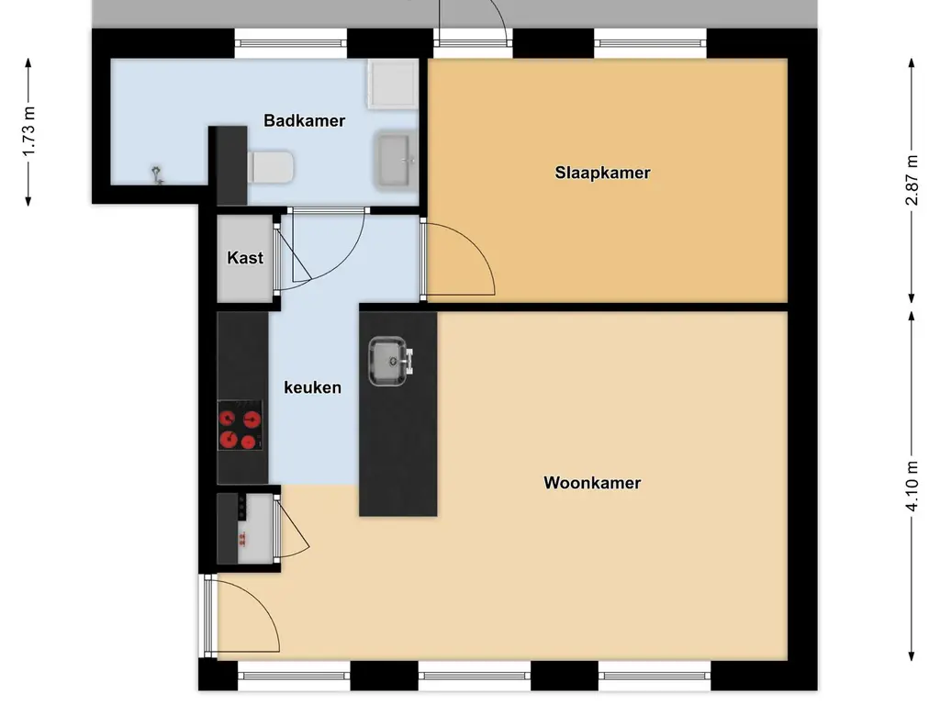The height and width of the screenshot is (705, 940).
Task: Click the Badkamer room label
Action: pyautogui.click(x=304, y=120)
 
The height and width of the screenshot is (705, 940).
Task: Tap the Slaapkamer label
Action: pyautogui.click(x=602, y=172)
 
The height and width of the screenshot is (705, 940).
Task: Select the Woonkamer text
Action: pyautogui.click(x=592, y=483)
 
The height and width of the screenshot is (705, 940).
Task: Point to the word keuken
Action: pyautogui.click(x=312, y=387)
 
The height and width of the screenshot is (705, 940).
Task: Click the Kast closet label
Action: pyautogui.click(x=245, y=258)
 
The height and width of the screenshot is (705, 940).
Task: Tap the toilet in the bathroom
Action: pyautogui.click(x=272, y=168)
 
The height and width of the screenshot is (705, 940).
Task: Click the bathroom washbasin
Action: pyautogui.click(x=396, y=159)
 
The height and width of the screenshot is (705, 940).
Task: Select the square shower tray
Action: pyautogui.click(x=393, y=84)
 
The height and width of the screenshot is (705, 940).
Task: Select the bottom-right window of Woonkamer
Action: pyautogui.click(x=655, y=677)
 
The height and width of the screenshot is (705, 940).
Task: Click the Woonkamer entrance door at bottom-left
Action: pyautogui.click(x=243, y=617)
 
